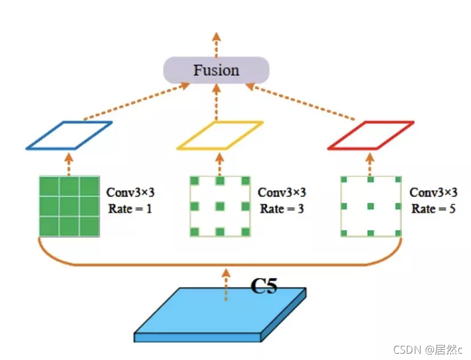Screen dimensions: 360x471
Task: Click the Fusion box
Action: point(216,71)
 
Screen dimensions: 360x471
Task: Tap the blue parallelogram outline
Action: point(69,136)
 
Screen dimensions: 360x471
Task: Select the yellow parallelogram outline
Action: point(220,136)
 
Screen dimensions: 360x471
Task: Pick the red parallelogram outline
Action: point(371,136)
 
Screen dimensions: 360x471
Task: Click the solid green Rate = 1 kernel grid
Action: point(70,206)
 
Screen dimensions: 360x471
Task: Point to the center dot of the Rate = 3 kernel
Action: point(220,206)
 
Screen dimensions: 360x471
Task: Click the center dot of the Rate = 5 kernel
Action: point(371,206)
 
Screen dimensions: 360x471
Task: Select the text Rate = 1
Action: point(130,208)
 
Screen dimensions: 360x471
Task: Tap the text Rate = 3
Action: point(282,208)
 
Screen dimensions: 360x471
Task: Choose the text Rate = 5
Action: point(433,208)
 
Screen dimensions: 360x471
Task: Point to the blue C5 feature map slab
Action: point(217,316)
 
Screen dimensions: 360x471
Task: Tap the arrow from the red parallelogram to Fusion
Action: point(302,103)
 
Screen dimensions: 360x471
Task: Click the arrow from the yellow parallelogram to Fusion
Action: point(216,103)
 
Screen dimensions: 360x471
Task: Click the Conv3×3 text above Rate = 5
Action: point(433,193)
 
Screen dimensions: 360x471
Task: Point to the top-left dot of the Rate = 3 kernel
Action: point(194,181)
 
